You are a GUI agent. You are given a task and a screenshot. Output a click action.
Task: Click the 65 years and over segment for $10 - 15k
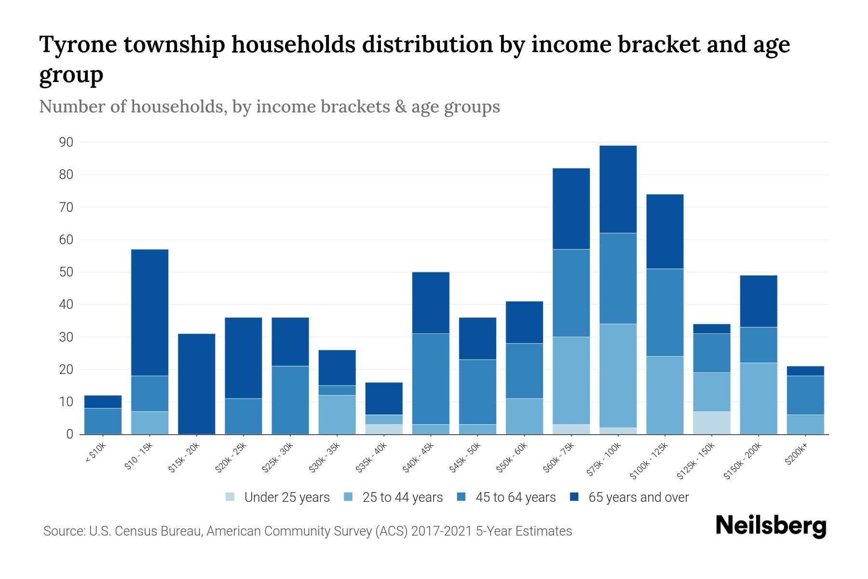[x=149, y=312]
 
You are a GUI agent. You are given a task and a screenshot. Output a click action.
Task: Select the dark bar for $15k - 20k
[x=196, y=384]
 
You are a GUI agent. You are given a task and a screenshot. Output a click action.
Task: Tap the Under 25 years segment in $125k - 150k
[x=711, y=423]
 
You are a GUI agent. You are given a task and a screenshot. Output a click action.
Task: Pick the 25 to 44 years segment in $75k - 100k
[x=618, y=375]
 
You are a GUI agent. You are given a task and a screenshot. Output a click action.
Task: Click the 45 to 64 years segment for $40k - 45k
[x=431, y=379]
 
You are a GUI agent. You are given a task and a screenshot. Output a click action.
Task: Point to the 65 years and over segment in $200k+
[x=805, y=371]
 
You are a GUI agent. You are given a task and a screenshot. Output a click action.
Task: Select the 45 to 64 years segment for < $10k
[x=103, y=421]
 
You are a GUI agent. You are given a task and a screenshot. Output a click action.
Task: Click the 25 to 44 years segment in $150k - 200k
[x=758, y=398]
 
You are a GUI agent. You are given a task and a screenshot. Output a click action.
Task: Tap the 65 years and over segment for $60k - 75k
[x=571, y=208]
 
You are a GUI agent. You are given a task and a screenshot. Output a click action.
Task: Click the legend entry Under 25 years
[x=286, y=497]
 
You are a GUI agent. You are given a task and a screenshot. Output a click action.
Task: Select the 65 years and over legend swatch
[x=574, y=497]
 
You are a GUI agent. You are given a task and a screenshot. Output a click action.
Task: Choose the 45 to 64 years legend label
[x=515, y=497]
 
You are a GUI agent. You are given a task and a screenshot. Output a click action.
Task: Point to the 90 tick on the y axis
[x=66, y=142]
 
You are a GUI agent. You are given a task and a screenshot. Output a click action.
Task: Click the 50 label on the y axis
[x=66, y=272]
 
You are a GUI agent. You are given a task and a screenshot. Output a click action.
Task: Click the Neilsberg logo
[x=771, y=526]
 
